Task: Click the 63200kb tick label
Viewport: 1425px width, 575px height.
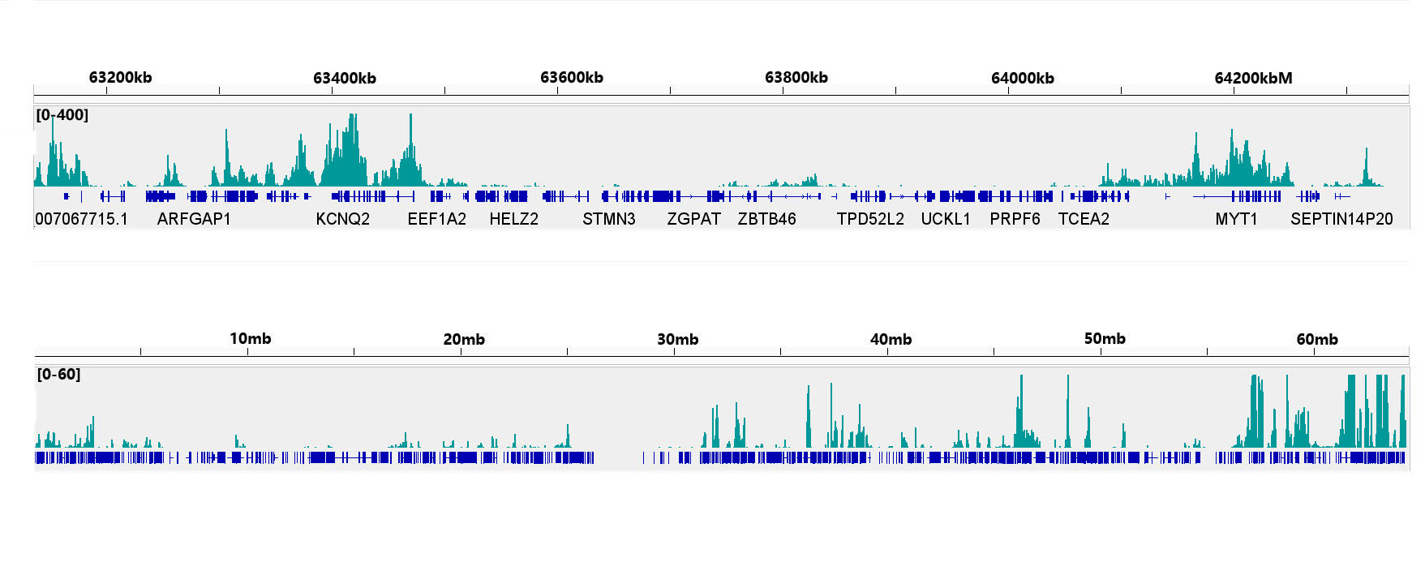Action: point(120,78)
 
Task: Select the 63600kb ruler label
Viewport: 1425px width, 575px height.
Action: point(571,78)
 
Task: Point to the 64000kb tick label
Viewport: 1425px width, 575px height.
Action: point(1022,79)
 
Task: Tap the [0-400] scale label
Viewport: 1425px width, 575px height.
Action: point(62,115)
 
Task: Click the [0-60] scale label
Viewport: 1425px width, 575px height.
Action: point(58,375)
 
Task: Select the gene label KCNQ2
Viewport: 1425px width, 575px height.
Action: point(342,219)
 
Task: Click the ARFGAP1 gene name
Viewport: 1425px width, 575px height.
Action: point(194,219)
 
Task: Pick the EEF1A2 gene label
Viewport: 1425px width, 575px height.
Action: point(436,219)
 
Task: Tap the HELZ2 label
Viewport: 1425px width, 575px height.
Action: point(513,219)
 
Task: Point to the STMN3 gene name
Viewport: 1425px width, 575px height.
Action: point(608,219)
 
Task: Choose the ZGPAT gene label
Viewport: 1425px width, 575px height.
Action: point(693,219)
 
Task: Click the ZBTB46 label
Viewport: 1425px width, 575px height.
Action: point(766,219)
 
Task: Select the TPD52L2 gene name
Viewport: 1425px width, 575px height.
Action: point(869,219)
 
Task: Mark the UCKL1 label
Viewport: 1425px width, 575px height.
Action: point(945,219)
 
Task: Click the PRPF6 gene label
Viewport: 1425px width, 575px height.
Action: point(1015,219)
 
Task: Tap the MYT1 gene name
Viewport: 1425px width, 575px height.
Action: point(1236,219)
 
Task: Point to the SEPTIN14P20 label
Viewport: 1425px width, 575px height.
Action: point(1341,219)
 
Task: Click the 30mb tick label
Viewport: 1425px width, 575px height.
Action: point(677,340)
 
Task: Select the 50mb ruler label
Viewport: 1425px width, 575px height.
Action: point(1105,339)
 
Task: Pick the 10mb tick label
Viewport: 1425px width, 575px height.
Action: point(250,339)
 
